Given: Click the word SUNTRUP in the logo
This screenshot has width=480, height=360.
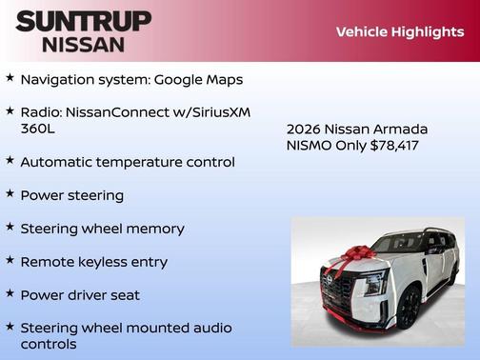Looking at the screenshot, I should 84,21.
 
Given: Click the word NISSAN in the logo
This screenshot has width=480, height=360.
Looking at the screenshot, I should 84,44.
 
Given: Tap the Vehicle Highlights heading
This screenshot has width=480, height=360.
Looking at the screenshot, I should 400,31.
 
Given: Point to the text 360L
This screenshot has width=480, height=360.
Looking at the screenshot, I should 39,128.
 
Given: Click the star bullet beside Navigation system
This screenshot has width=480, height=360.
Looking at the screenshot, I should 10,78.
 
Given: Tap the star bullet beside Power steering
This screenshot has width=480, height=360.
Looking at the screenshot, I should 10,194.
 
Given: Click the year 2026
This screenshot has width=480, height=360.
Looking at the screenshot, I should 305,129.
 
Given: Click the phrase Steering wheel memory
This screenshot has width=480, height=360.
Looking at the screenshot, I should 102,229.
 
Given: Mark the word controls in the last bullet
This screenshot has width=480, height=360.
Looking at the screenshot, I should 49,344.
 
